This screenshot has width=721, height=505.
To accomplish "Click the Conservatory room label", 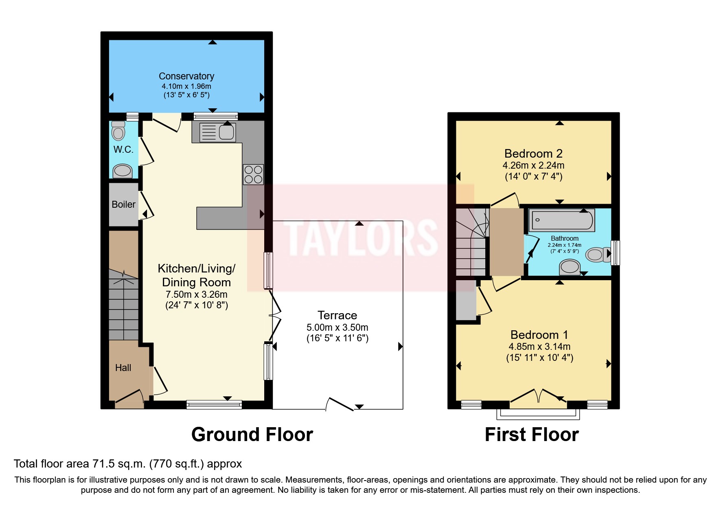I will click(186, 76).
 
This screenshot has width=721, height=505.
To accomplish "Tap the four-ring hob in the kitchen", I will click(253, 174).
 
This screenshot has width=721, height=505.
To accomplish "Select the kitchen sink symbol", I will click(226, 132).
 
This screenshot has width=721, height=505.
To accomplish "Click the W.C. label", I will click(123, 149).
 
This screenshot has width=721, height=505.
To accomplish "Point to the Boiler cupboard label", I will click(123, 204).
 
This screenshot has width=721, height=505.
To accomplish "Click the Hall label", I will click(123, 368).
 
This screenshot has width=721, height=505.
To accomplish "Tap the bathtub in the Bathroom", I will click(561, 220).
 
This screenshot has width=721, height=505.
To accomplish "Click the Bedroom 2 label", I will click(533, 154).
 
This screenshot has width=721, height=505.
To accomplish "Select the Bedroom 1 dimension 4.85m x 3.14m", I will click(539, 347).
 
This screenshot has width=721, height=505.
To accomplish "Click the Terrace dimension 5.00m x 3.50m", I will click(337, 327).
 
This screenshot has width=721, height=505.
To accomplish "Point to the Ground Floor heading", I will click(252, 435).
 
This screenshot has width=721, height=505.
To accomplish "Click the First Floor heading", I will click(531, 435).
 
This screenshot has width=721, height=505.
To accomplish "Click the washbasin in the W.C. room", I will click(122, 171).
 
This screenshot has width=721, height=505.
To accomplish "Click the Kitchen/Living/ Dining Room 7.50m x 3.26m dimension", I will click(196, 294).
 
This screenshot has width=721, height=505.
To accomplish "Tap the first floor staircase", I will click(471, 244).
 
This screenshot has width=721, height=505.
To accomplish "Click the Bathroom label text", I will click(564, 238).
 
